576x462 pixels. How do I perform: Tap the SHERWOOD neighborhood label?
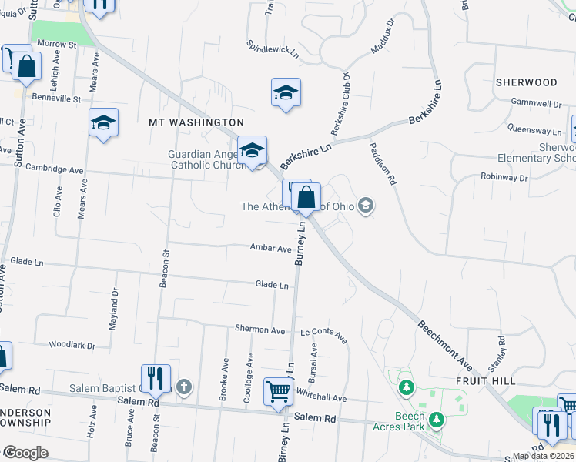coord(526,82)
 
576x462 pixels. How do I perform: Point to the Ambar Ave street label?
coord(270,248)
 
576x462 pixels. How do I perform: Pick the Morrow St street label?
coord(57,45)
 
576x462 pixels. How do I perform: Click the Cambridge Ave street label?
coord(54,169)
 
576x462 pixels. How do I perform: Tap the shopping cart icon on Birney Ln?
coord(278,390)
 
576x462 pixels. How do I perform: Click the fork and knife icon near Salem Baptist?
coord(156,377)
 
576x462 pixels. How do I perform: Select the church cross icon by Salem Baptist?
coord(183,387)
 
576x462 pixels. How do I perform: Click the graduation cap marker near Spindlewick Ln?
coord(286,93)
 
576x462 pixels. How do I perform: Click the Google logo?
coord(25,453)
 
